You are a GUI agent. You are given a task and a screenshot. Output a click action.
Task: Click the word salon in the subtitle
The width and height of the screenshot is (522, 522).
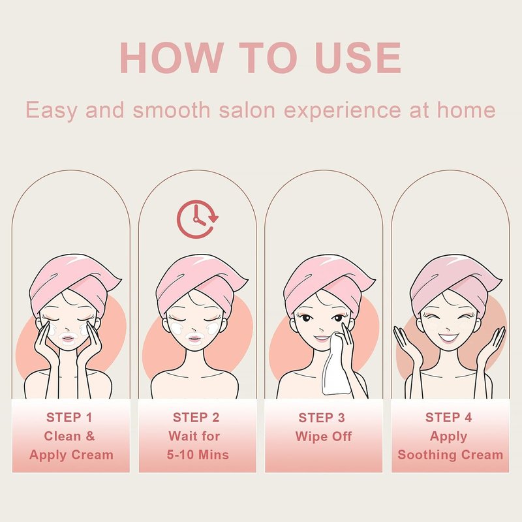(x=247, y=110)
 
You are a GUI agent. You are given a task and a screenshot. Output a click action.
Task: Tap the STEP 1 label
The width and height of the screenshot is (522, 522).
(x=69, y=418)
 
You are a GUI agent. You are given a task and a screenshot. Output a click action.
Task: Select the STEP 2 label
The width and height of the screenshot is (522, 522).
(x=196, y=418)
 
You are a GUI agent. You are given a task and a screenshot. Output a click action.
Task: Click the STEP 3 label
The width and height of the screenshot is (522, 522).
(x=322, y=418)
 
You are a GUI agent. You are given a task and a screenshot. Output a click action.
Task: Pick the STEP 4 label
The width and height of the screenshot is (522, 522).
(x=449, y=418)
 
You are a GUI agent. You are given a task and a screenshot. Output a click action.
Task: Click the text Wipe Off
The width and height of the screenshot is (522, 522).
(x=323, y=437)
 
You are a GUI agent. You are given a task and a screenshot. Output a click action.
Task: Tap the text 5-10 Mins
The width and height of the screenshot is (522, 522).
(x=198, y=455)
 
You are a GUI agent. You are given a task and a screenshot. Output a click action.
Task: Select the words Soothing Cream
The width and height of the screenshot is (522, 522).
(x=450, y=455)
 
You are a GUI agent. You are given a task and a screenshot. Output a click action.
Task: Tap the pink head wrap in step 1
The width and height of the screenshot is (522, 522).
(x=73, y=283)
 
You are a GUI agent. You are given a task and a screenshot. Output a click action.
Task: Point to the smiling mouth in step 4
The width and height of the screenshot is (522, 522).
(x=448, y=338)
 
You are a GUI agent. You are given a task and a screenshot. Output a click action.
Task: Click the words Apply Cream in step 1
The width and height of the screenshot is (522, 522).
(x=71, y=455)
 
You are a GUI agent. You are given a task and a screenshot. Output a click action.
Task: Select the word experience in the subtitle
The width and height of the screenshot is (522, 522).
(x=342, y=110)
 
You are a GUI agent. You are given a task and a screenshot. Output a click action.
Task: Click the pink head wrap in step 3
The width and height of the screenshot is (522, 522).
(x=328, y=283)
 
